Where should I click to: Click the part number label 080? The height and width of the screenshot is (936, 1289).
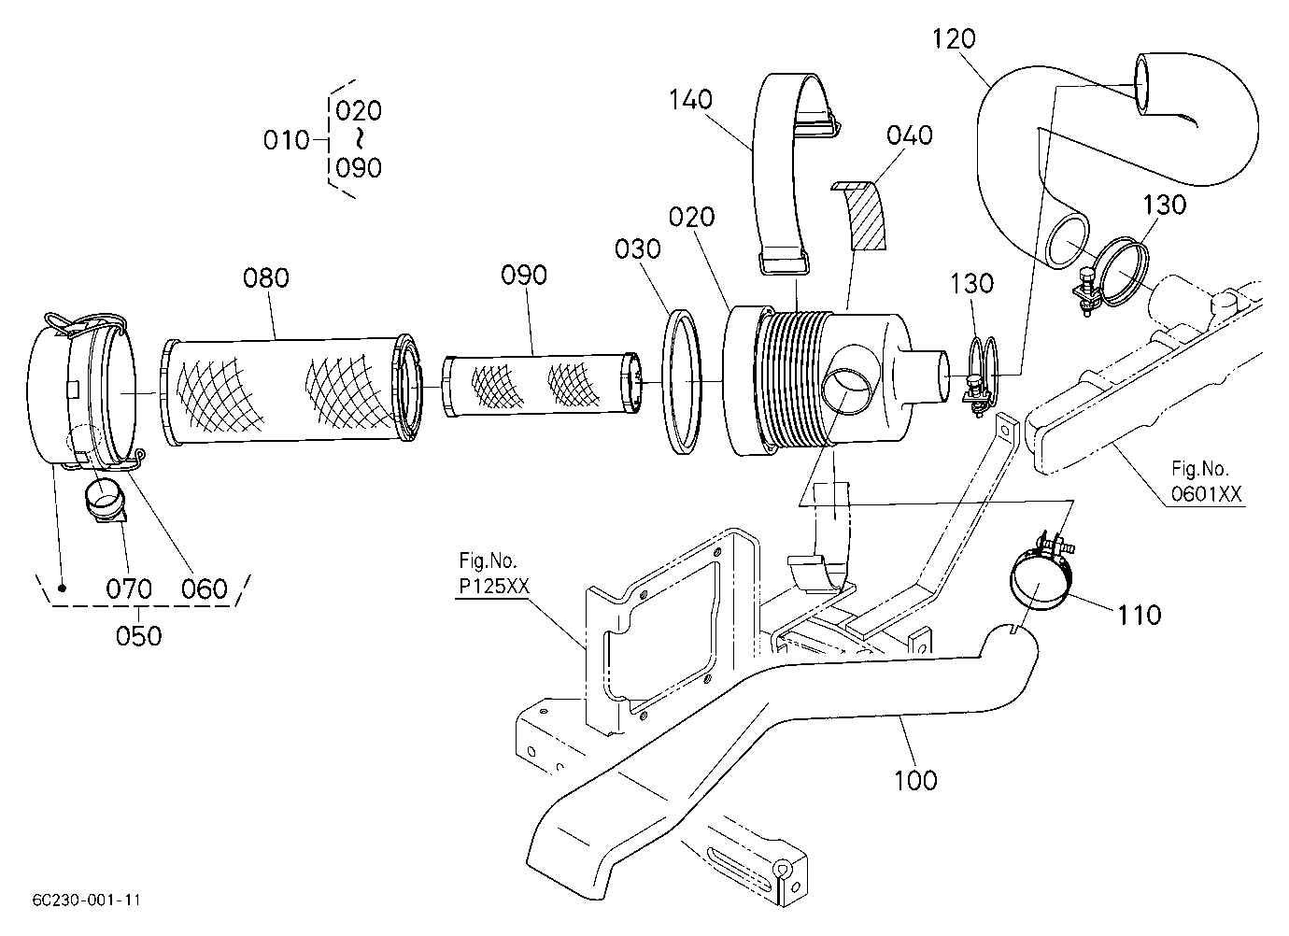coord(266,278)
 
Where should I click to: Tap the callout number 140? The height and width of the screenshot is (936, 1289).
coord(690,100)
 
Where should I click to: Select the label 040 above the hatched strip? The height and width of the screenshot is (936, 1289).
coord(910,135)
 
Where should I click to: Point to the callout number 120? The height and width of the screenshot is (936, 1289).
coord(954,39)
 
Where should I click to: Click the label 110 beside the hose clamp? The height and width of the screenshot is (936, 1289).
coord(1140,616)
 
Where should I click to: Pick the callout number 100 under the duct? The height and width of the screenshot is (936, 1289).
coord(915,781)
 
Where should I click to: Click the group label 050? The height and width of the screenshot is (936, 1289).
coord(138,636)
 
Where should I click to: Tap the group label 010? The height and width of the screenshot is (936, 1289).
coord(287,140)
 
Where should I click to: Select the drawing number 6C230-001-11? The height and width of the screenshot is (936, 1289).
coord(87,901)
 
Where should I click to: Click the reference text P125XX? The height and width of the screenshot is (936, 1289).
coord(494,586)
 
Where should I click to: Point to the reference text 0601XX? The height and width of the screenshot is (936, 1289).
coord(1206,494)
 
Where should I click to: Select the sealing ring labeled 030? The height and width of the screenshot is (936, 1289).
coord(683,382)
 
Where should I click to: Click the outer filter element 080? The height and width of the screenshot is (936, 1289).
coord(292,390)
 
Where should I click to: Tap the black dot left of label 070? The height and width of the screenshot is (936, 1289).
coord(63,588)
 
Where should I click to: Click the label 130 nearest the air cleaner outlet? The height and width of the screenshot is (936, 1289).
coord(971,284)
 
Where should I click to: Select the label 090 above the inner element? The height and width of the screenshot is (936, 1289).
coord(524,276)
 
